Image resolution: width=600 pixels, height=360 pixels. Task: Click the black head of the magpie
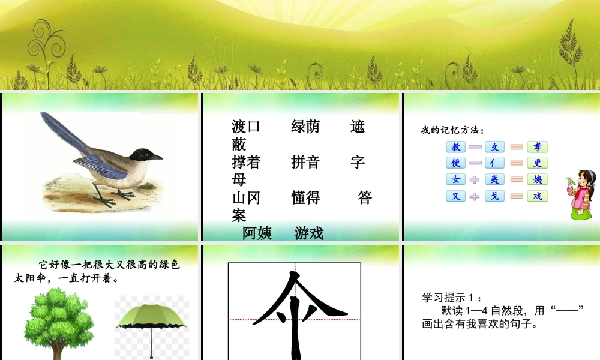pyautogui.click(x=143, y=155)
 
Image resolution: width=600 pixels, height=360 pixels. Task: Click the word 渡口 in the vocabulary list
pyautogui.click(x=246, y=127)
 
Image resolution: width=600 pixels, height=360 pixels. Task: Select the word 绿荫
pyautogui.click(x=305, y=127)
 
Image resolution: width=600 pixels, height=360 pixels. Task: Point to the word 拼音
pyautogui.click(x=305, y=162)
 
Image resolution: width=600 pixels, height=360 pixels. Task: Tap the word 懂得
pyautogui.click(x=305, y=197)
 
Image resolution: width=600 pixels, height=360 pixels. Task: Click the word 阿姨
pyautogui.click(x=257, y=233)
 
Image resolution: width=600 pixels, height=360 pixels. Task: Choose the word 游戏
pyautogui.click(x=309, y=233)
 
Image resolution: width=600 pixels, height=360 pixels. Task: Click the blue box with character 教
pyautogui.click(x=456, y=147)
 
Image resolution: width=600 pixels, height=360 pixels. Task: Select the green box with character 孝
pyautogui.click(x=538, y=147)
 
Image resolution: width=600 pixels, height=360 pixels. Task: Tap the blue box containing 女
pyautogui.click(x=456, y=179)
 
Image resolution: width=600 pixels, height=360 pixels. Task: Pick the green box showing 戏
pyautogui.click(x=538, y=196)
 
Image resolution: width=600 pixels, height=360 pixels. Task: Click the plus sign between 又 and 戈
pyautogui.click(x=475, y=196)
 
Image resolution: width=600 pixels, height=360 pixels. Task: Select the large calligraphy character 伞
pyautogui.click(x=294, y=315)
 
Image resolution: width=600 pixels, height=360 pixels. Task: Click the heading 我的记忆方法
pyautogui.click(x=452, y=130)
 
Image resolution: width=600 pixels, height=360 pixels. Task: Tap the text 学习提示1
pyautogui.click(x=451, y=297)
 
